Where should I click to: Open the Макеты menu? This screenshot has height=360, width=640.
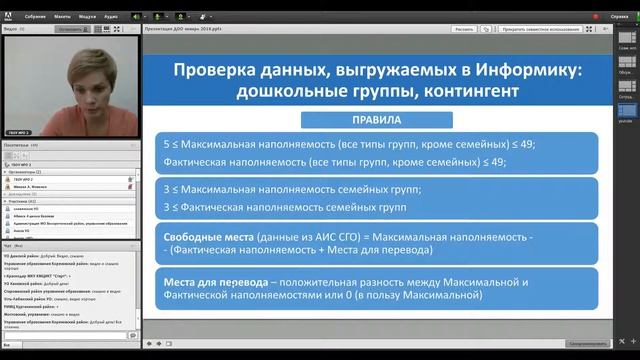(x=62, y=17)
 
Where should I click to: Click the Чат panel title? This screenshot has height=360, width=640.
(x=9, y=244)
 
